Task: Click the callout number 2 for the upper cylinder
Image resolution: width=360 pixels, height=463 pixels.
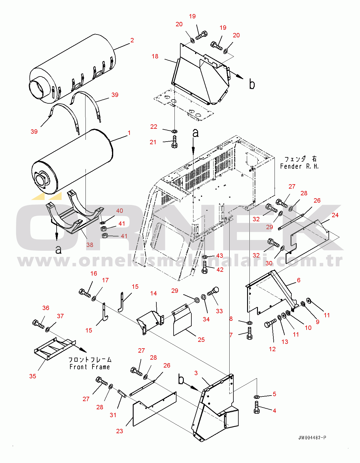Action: click(x=132, y=40)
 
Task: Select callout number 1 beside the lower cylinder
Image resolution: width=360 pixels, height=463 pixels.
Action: click(x=129, y=133)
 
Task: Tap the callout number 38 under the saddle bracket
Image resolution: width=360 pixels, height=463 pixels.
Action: click(x=90, y=245)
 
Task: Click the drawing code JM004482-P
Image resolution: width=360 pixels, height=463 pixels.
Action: click(x=312, y=438)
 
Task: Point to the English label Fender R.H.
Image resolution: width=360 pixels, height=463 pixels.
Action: click(x=299, y=166)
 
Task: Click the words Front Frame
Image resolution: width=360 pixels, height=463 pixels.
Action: click(x=90, y=367)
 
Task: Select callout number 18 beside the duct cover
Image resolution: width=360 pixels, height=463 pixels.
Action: click(x=155, y=56)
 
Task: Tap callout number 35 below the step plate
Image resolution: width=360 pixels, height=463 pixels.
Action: click(x=33, y=376)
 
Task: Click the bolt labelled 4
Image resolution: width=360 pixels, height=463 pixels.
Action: click(x=256, y=407)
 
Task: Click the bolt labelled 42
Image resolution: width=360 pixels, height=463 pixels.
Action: click(x=205, y=267)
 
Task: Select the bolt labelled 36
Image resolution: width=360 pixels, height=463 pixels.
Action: click(x=38, y=324)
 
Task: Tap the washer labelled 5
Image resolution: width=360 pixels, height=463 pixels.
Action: click(x=256, y=396)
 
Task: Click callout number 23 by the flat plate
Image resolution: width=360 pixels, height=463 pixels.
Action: click(x=119, y=431)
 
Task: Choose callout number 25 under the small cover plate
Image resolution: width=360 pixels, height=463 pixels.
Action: click(x=201, y=340)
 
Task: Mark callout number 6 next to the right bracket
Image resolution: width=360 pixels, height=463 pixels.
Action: click(x=299, y=280)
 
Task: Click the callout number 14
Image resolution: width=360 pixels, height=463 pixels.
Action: click(x=153, y=293)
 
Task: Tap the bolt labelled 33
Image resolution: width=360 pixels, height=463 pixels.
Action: click(x=213, y=291)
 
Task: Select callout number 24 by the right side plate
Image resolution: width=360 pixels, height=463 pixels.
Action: click(x=335, y=215)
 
